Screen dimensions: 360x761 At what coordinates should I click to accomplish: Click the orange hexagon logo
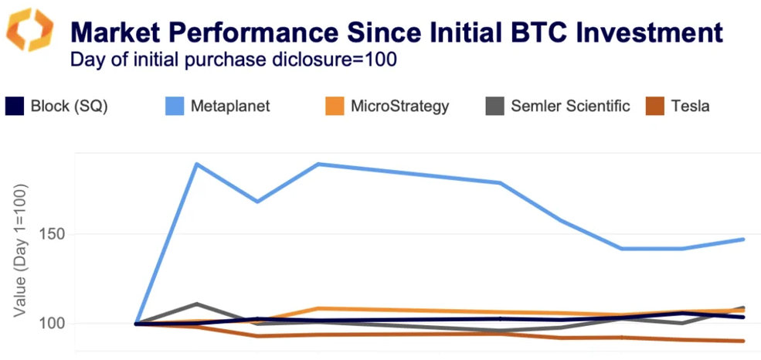30,30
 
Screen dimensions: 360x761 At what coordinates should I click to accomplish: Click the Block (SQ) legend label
69,107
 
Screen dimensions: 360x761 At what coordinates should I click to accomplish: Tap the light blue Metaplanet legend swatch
177,107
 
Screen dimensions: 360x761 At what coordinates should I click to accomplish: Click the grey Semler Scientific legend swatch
495,107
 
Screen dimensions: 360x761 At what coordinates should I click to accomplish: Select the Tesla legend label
690,107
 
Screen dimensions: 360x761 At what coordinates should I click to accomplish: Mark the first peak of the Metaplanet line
197,164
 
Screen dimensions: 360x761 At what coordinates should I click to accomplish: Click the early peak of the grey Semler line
197,304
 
